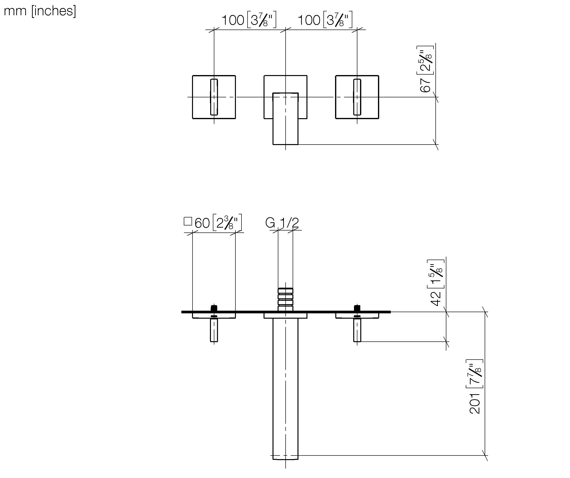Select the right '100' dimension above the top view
[x=309, y=20]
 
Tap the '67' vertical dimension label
[x=425, y=85]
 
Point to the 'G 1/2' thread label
[x=282, y=223]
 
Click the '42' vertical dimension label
[x=436, y=299]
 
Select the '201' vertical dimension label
[x=475, y=404]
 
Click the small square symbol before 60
[x=188, y=221]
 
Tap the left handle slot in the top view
[x=214, y=97]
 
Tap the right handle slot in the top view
[x=357, y=97]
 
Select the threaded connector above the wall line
[x=285, y=299]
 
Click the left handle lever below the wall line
[x=214, y=330]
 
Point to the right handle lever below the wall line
[x=357, y=330]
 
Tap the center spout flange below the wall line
[x=285, y=316]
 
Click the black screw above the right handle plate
[x=357, y=308]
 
